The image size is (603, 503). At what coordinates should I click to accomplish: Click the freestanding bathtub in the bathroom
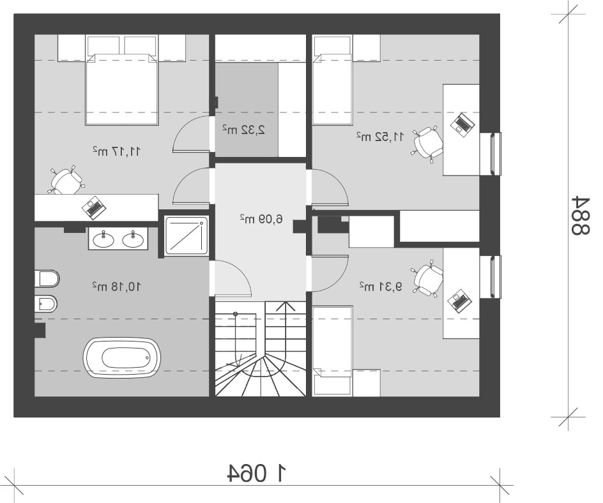click(123, 357)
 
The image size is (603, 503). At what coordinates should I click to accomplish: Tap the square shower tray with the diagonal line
click(187, 236)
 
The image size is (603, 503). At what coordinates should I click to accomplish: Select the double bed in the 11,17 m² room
click(122, 89)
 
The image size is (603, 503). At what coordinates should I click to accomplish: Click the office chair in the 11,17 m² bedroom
click(66, 180)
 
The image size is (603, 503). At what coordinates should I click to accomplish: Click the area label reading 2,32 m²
click(244, 130)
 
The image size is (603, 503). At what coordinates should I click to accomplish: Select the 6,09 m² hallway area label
click(261, 219)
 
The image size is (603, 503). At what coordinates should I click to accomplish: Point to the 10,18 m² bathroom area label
click(116, 286)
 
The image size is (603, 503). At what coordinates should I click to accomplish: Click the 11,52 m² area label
click(380, 137)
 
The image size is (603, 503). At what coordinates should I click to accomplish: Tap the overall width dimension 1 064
click(257, 474)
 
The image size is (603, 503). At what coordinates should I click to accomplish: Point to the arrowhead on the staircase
click(285, 306)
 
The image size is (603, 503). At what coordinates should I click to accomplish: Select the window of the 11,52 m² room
click(496, 154)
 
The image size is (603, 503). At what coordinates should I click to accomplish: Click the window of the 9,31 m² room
click(496, 276)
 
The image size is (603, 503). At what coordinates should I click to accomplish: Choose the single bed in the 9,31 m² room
click(333, 351)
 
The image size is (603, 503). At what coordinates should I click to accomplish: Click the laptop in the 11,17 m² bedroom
click(94, 207)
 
